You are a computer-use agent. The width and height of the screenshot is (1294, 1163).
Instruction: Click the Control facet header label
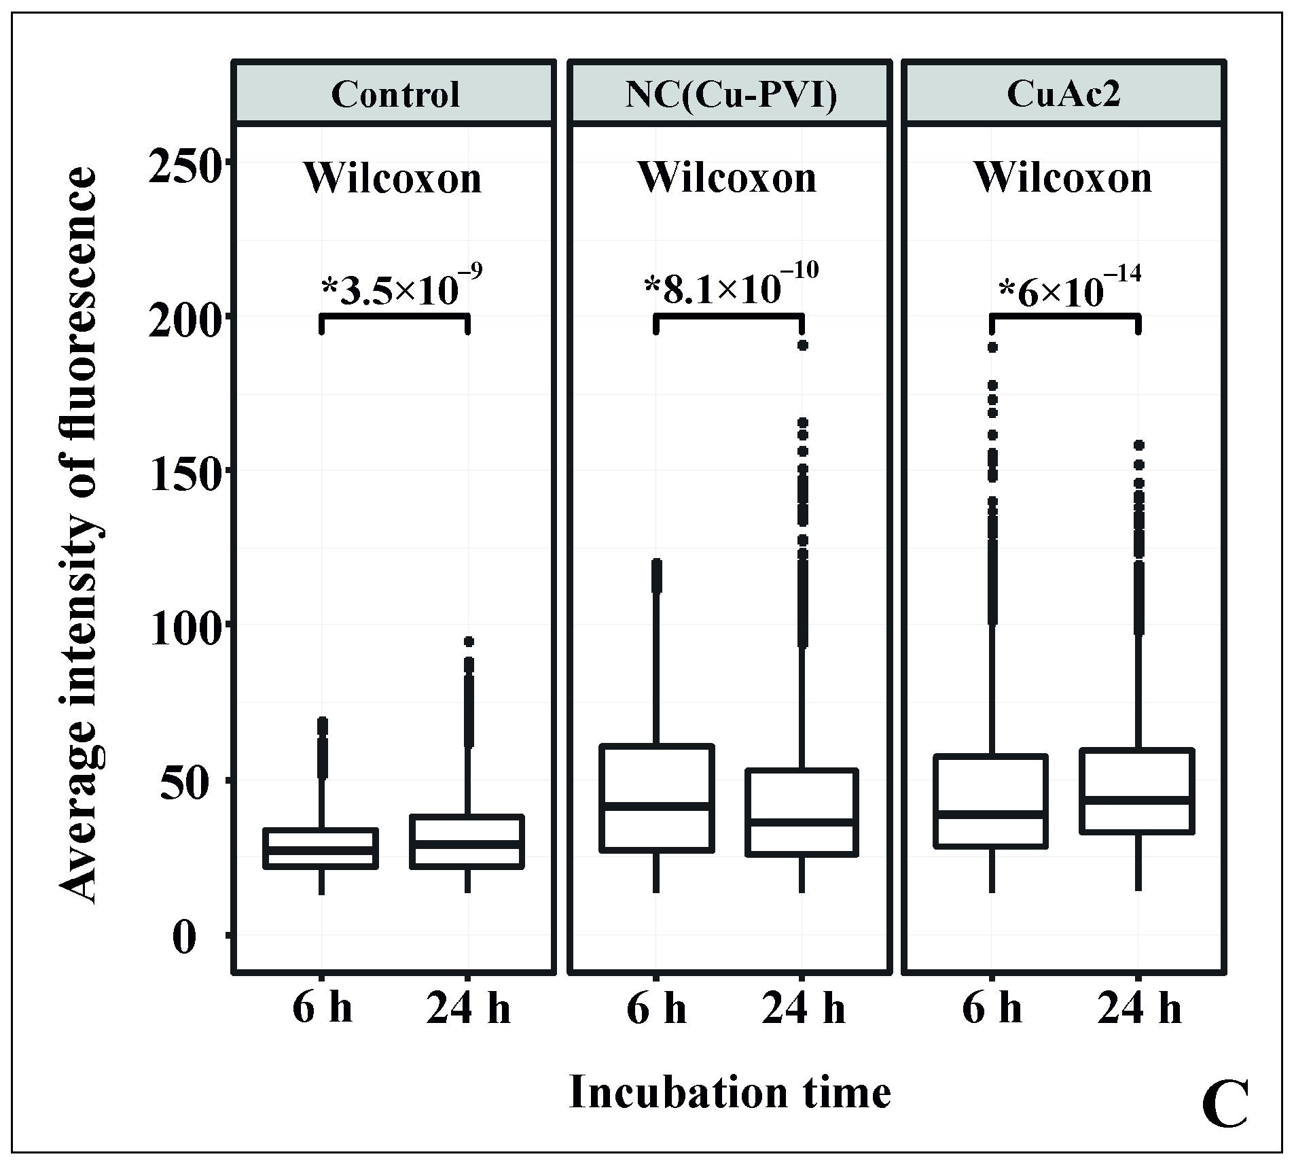(395, 94)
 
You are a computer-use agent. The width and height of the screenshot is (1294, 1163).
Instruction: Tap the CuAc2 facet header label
(1064, 94)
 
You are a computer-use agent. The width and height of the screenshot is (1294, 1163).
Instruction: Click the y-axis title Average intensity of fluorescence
(79, 537)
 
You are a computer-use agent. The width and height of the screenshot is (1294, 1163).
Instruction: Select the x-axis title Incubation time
(730, 1093)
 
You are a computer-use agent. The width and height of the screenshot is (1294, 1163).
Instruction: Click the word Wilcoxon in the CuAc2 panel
(1063, 178)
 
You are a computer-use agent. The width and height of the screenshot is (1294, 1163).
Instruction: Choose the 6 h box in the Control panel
(321, 848)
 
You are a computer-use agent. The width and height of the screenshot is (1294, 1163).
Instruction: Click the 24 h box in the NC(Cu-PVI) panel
(802, 812)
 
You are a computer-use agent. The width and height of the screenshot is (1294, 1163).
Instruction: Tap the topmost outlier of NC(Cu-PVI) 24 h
(802, 345)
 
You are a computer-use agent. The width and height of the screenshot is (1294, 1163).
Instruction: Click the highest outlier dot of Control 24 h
(468, 642)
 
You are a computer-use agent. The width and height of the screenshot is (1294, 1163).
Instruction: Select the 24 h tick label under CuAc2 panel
(1138, 1010)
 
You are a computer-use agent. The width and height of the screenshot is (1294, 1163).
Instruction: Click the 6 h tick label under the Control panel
(322, 1010)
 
